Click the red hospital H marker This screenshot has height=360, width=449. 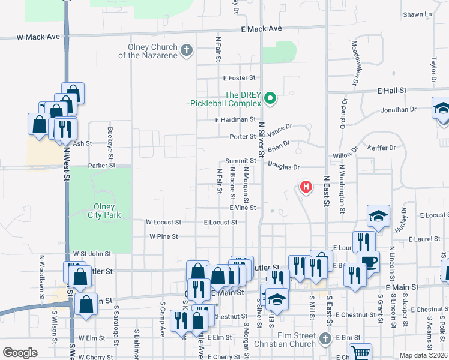point(306,187)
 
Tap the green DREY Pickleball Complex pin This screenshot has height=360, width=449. point(270,98)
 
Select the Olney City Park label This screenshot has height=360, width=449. point(104,210)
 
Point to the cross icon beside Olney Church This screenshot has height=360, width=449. point(187,51)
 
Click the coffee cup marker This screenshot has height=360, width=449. point(368,262)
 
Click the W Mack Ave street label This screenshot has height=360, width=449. point(38,37)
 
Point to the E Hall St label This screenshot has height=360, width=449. point(392,90)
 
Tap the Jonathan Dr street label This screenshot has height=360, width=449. point(399,110)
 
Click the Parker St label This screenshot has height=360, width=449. point(101,165)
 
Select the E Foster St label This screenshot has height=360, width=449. point(240,78)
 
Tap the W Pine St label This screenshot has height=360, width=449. point(164,236)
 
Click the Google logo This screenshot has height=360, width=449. point(20,353)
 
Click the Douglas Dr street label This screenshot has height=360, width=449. point(283,166)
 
